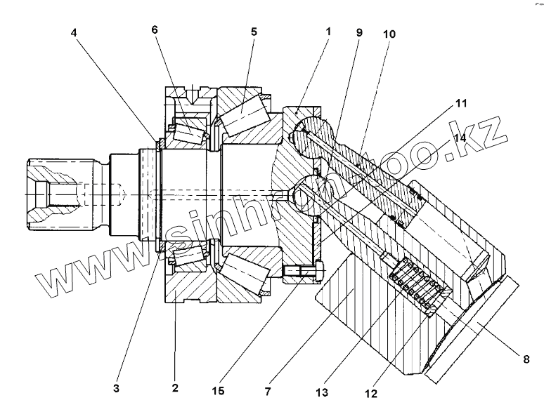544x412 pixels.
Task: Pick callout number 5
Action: [x=253, y=32]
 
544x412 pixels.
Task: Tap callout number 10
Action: [x=389, y=33]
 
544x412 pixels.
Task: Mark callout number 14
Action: [x=460, y=138]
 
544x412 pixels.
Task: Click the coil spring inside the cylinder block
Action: [x=417, y=285]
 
